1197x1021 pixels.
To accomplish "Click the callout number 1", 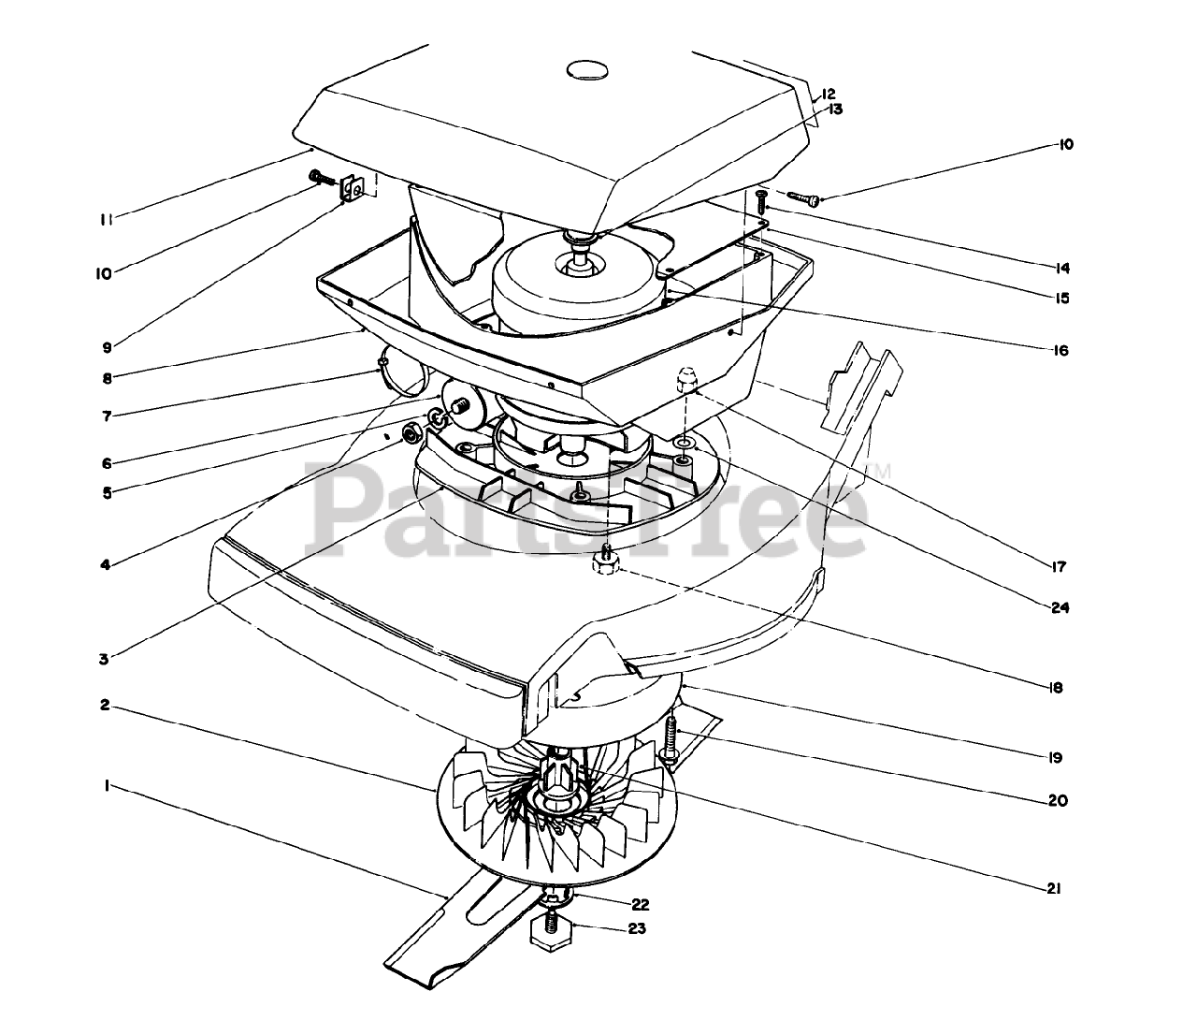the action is pyautogui.click(x=108, y=787).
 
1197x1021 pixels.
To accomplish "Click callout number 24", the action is pyautogui.click(x=1060, y=608).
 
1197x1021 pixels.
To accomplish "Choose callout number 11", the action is pyautogui.click(x=108, y=219).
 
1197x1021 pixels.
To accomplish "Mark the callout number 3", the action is pyautogui.click(x=104, y=659).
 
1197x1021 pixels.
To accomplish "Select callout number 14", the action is pyautogui.click(x=1060, y=268).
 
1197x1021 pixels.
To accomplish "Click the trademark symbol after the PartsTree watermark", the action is pyautogui.click(x=881, y=470).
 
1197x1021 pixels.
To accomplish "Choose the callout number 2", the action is pyautogui.click(x=106, y=705).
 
